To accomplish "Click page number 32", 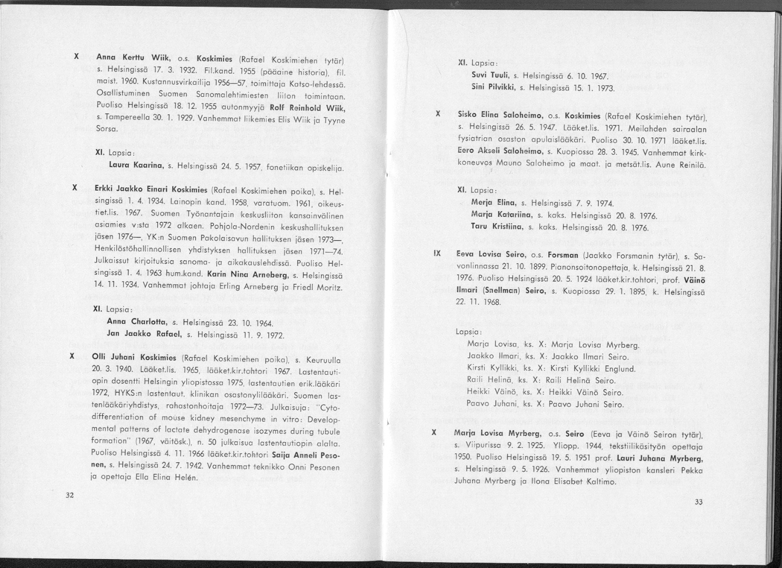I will (x=69, y=494).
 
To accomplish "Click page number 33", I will (x=698, y=502).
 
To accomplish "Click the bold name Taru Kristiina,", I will (x=497, y=227).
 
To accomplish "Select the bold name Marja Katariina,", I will (x=500, y=215).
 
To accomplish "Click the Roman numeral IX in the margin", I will (x=436, y=253).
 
